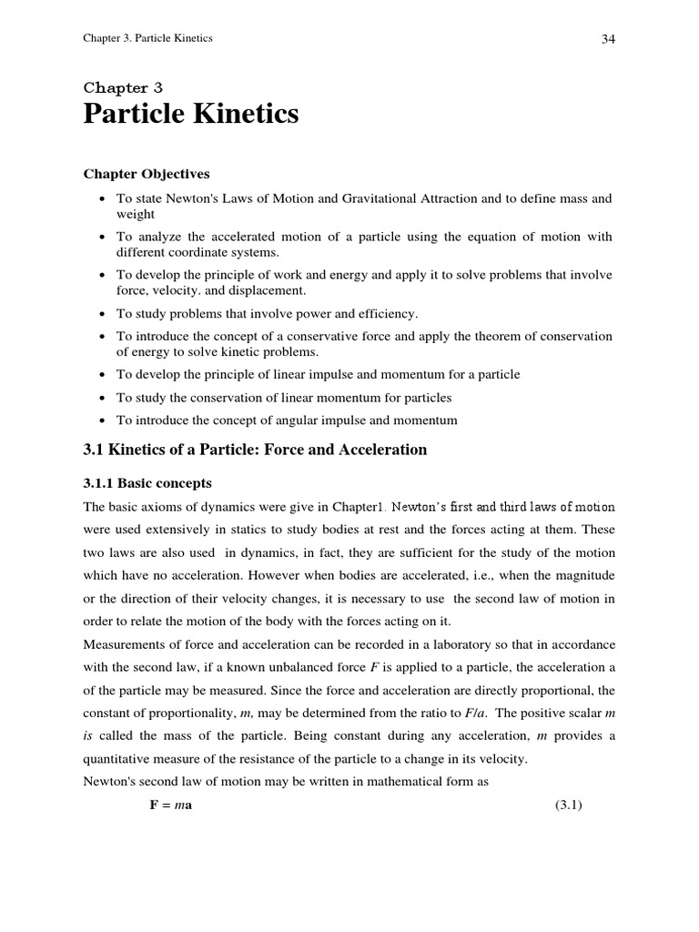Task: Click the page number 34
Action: click(608, 40)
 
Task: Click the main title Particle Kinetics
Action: click(191, 116)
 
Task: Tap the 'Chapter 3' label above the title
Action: click(123, 88)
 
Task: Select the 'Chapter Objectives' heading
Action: click(147, 174)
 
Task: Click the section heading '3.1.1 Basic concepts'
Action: click(147, 482)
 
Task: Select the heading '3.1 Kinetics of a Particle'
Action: click(255, 450)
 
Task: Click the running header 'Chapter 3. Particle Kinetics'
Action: click(148, 39)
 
